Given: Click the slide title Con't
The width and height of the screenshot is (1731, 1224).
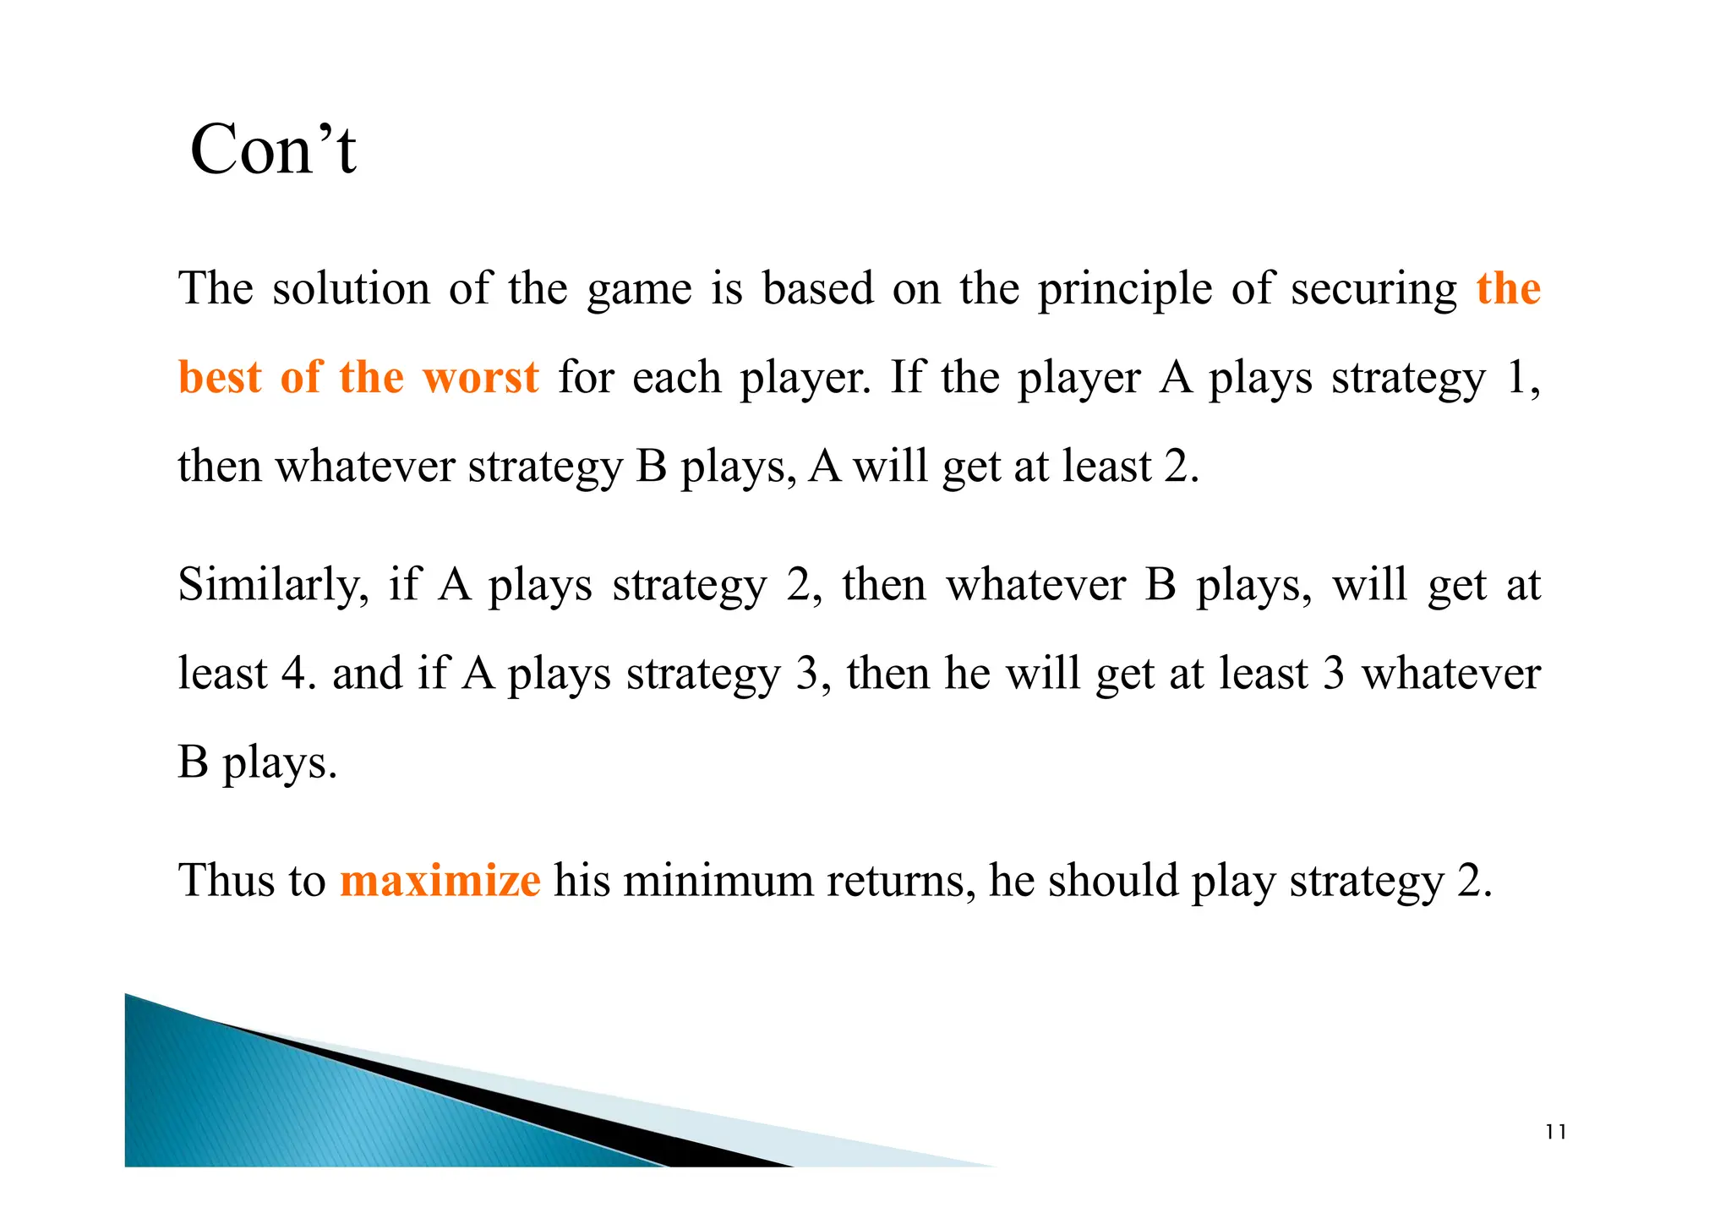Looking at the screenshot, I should click(x=273, y=150).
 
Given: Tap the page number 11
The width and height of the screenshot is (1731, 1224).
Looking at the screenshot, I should click(x=1555, y=1133).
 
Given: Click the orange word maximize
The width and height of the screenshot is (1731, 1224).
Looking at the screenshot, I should click(x=440, y=881).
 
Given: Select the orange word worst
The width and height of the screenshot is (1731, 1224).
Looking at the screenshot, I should click(x=480, y=377).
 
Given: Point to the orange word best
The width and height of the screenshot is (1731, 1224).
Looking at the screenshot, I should click(x=219, y=377).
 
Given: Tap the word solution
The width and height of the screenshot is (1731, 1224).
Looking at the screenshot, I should click(x=351, y=289).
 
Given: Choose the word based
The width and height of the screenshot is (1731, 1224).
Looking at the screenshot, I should click(x=817, y=289).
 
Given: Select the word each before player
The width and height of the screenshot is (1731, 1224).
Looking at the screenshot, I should click(x=676, y=377).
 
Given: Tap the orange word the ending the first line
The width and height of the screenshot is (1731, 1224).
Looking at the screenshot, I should click(x=1509, y=289).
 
